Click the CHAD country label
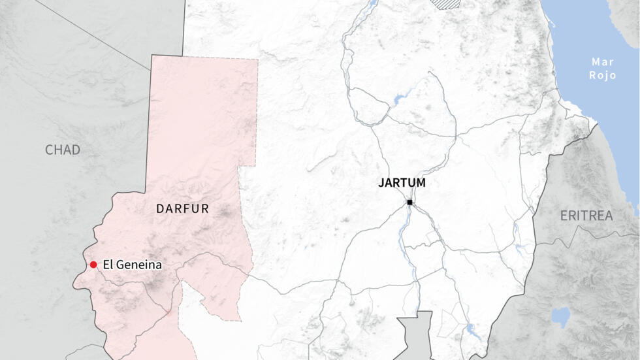tap(63, 150)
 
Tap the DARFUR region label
tap(182, 209)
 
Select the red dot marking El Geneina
tap(93, 265)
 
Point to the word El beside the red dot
tap(108, 265)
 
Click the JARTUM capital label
tap(402, 184)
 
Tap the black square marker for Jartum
tap(409, 203)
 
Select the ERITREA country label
tap(586, 216)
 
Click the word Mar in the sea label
tap(603, 62)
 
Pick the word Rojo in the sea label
tap(603, 76)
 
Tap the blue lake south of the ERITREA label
tap(560, 318)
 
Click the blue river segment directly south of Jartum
tap(403, 229)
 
